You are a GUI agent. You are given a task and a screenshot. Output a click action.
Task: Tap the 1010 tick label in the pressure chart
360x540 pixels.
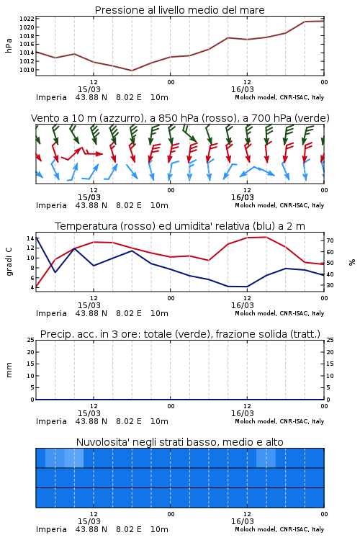click(x=27, y=70)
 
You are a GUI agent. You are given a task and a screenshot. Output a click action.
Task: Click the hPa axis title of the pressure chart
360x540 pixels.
click(x=9, y=45)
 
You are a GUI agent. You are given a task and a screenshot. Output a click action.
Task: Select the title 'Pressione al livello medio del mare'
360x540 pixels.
click(x=180, y=10)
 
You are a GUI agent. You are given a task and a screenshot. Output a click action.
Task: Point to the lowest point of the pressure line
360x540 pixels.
click(x=132, y=71)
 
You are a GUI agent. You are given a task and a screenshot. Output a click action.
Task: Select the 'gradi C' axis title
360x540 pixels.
click(x=9, y=262)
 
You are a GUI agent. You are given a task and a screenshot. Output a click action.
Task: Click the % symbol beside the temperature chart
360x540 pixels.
click(x=352, y=262)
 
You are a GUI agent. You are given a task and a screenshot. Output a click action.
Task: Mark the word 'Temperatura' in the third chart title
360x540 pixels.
click(x=86, y=226)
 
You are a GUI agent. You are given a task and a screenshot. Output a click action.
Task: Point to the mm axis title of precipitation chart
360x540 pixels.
click(x=9, y=370)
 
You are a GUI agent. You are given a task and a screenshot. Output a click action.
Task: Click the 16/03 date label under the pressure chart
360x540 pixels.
click(x=243, y=89)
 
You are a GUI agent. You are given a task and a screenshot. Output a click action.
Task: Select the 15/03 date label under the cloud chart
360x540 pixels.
click(x=89, y=521)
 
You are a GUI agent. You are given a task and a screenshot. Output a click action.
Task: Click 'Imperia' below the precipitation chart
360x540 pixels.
click(x=51, y=421)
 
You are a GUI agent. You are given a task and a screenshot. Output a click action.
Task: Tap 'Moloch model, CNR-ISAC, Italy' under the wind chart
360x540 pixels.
click(x=279, y=206)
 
